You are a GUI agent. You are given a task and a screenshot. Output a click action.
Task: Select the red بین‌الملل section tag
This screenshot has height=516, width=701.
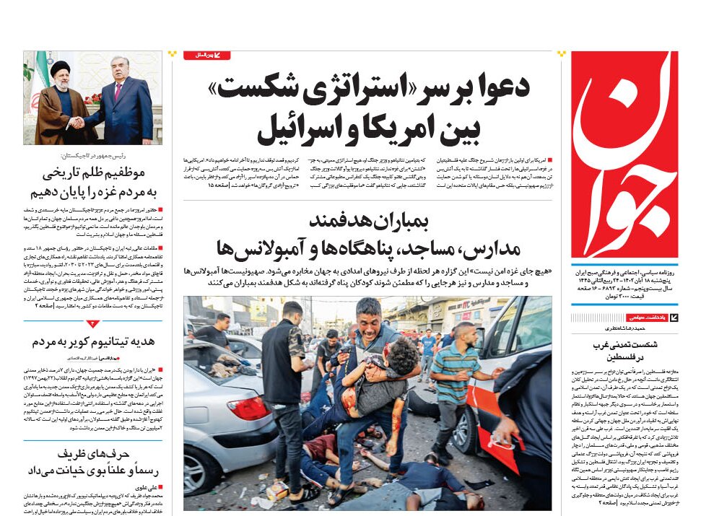207,56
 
